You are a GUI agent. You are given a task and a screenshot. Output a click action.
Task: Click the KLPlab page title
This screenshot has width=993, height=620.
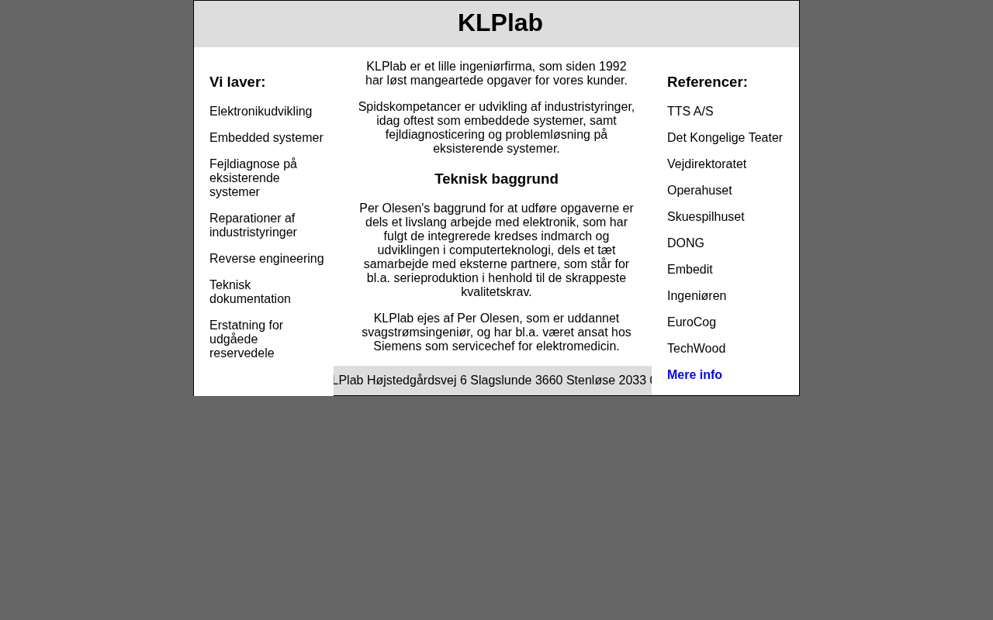[500, 23]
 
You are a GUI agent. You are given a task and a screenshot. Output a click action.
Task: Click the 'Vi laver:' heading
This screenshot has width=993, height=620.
[237, 82]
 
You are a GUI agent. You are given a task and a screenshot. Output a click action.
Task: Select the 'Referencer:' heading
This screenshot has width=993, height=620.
[707, 82]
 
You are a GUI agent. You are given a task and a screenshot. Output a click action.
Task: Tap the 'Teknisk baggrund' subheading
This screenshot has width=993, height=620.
[496, 179]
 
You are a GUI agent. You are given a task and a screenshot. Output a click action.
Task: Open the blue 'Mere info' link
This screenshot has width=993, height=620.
[694, 375]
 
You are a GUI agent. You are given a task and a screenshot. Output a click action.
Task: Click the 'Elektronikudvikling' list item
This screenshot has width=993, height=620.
[261, 112]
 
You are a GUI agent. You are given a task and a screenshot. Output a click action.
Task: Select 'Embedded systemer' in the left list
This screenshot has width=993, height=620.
[266, 138]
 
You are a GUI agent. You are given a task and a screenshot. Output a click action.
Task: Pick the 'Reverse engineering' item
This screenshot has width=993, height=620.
[266, 259]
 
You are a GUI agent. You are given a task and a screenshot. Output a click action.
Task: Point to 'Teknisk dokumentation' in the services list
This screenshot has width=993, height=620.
[250, 292]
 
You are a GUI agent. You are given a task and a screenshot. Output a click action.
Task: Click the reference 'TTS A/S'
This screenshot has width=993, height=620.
[690, 112]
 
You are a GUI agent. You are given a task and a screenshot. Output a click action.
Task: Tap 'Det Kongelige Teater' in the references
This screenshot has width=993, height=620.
[725, 138]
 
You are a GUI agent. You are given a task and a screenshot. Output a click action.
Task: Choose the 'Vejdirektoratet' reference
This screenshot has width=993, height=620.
[706, 164]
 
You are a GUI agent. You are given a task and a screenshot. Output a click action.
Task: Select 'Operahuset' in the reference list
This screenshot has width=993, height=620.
[699, 191]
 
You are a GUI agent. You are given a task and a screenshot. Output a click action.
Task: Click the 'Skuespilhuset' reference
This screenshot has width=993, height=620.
[705, 217]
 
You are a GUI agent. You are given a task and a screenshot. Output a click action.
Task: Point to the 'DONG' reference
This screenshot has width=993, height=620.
[685, 243]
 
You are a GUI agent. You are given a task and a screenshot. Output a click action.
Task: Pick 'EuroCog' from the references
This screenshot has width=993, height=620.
[691, 322]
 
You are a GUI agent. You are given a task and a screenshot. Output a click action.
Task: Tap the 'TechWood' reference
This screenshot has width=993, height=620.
[696, 349]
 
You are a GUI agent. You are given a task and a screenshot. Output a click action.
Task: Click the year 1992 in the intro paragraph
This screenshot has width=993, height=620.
[613, 67]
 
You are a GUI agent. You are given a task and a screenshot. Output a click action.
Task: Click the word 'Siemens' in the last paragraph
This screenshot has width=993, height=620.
[396, 346]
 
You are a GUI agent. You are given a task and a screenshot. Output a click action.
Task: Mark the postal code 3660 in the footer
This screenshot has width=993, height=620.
[548, 381]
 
